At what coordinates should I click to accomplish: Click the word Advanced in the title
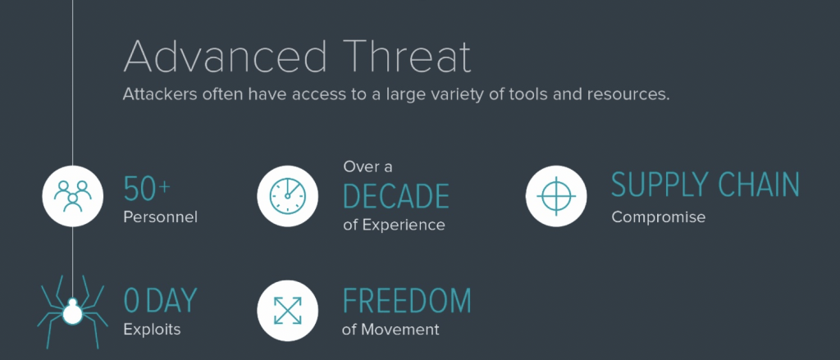click(225, 55)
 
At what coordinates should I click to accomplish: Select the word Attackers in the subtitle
click(158, 94)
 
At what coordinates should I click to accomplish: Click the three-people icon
click(72, 196)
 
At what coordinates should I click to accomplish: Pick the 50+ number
click(147, 190)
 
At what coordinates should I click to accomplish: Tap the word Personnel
click(161, 217)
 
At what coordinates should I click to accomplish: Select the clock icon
click(287, 196)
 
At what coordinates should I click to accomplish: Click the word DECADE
click(396, 196)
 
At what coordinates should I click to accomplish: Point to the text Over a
click(367, 167)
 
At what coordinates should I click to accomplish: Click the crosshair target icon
click(556, 196)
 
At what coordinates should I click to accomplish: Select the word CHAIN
click(759, 185)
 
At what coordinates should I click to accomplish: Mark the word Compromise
click(659, 217)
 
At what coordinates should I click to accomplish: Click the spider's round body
click(72, 313)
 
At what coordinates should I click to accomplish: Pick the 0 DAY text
click(161, 300)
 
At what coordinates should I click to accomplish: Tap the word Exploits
click(152, 329)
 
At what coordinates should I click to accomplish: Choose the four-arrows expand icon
click(287, 311)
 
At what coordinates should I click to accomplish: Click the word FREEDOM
click(407, 300)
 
